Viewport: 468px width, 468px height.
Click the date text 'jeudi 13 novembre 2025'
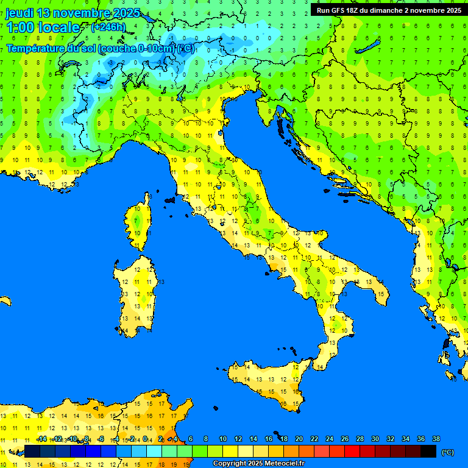click(x=73, y=13)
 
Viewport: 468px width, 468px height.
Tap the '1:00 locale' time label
click(x=43, y=27)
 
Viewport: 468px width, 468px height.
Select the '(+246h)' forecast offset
click(x=108, y=27)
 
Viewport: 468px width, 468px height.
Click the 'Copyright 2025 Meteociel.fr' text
click(x=258, y=463)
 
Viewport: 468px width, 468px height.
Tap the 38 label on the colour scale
click(x=436, y=439)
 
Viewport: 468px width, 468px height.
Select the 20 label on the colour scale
click(x=299, y=439)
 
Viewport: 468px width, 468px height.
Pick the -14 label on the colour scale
click(x=42, y=439)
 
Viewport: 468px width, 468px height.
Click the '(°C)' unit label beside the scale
click(x=448, y=452)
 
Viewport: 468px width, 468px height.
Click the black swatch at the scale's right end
click(x=428, y=451)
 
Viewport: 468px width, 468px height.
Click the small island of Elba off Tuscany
click(x=169, y=199)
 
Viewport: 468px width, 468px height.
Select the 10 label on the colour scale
click(x=222, y=439)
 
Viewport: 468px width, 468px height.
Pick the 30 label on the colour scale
click(x=375, y=439)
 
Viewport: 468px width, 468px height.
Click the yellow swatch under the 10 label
click(x=230, y=451)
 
